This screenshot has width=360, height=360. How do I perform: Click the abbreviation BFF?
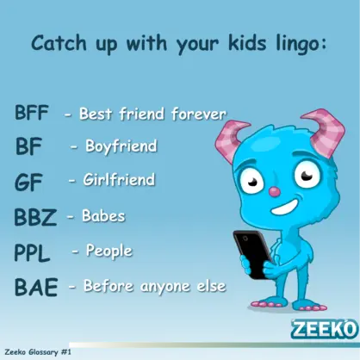tap(32, 112)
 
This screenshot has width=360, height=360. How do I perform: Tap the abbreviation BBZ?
tap(35, 217)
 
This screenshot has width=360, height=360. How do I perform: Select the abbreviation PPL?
tap(32, 252)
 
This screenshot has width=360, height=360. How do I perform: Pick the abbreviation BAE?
tap(36, 287)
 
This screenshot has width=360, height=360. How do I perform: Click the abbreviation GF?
tap(28, 183)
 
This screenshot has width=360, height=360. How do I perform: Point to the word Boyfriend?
tap(121, 146)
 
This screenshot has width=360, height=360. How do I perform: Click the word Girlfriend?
tap(119, 179)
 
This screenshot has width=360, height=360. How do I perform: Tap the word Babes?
tap(103, 215)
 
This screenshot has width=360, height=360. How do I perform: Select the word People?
tap(109, 251)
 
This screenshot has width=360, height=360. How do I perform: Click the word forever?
tap(199, 114)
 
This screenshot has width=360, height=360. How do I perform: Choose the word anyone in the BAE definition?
tap(165, 287)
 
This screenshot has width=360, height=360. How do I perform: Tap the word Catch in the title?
tap(59, 43)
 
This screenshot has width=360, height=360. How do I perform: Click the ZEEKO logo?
tap(325, 329)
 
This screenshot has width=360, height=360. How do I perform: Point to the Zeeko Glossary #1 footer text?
tap(38, 352)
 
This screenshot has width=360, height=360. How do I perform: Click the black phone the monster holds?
tap(252, 254)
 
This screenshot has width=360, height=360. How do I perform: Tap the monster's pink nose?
tap(275, 191)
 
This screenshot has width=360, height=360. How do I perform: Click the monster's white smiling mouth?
tap(285, 208)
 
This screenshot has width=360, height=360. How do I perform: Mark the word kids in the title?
tap(247, 43)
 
